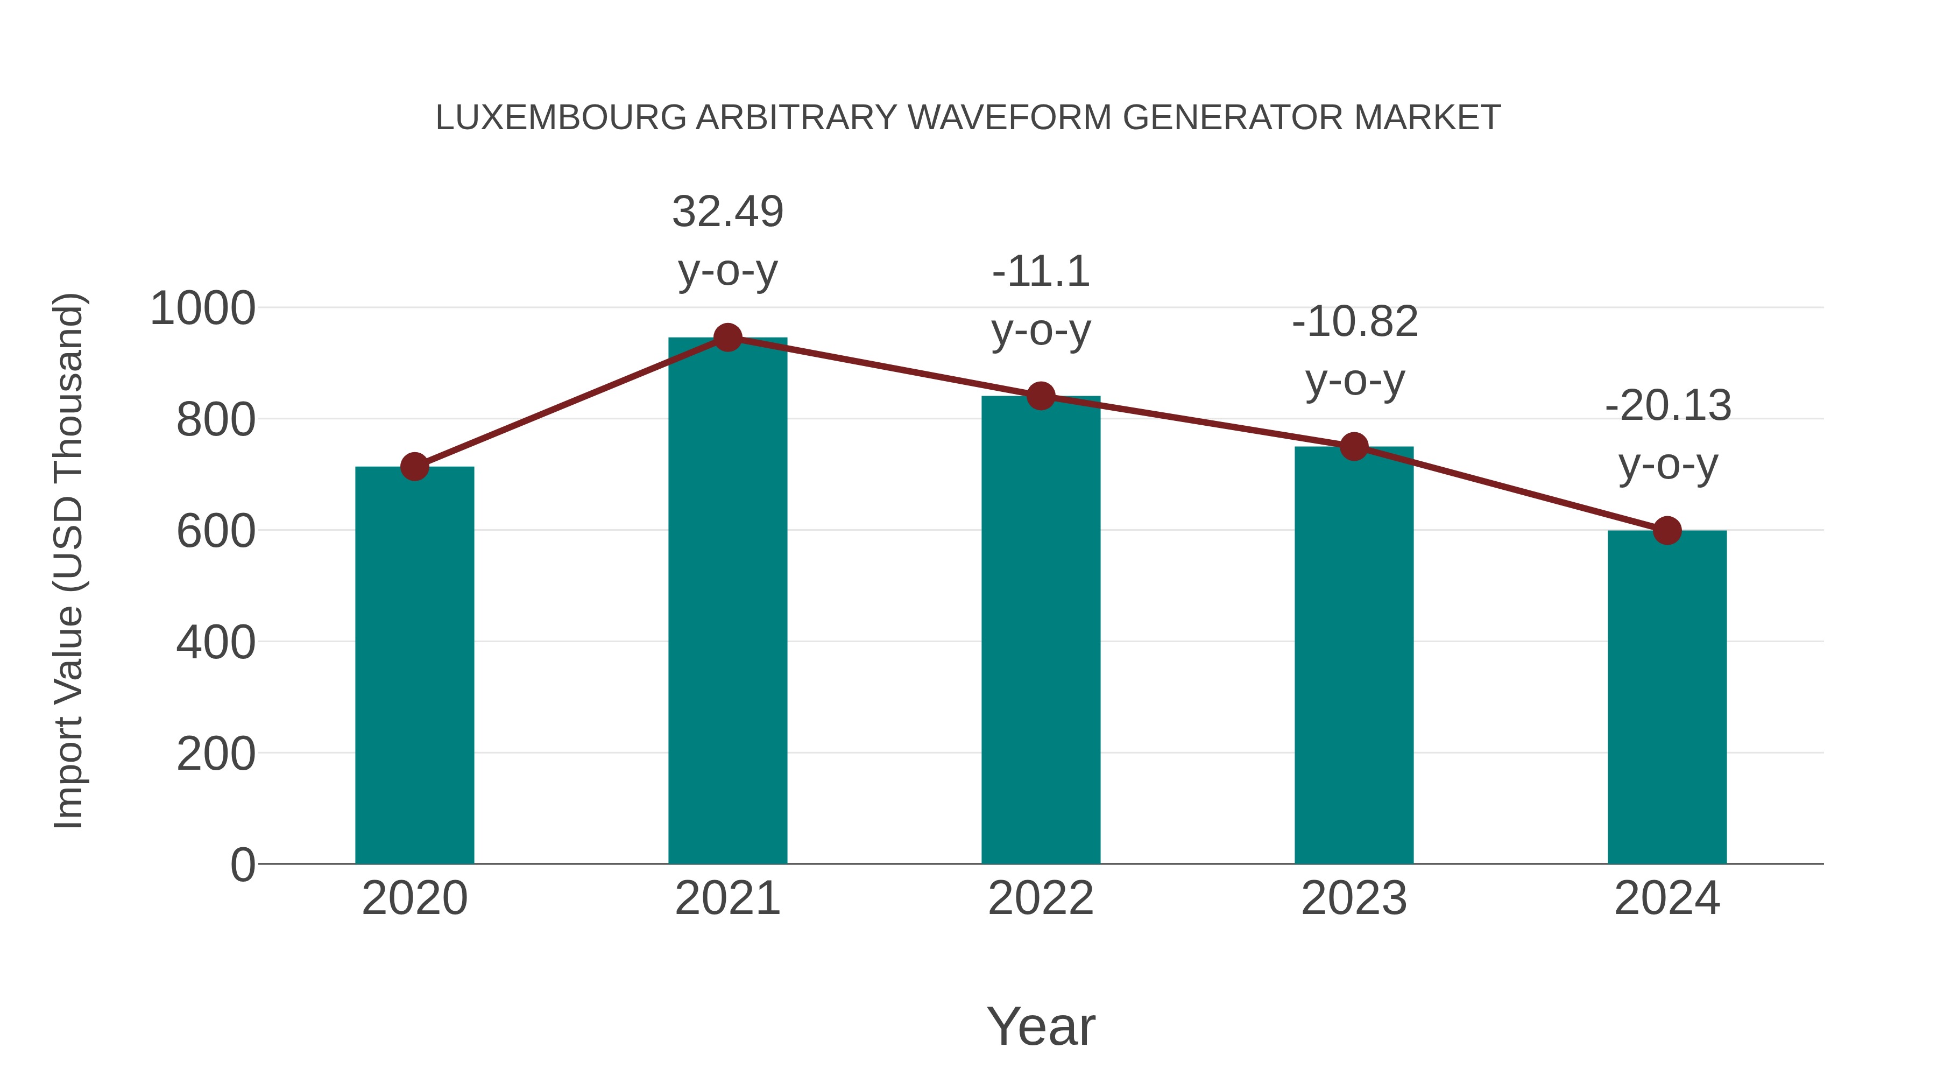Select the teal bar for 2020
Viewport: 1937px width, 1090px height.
[414, 666]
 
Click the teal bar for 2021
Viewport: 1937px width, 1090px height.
[727, 602]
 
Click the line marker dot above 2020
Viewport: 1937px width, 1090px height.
[414, 467]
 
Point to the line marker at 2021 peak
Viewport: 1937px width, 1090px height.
[727, 337]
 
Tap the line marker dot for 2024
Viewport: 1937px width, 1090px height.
[1667, 530]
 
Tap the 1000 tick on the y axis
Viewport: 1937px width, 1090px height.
[203, 308]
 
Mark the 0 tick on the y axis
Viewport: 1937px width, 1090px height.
[242, 865]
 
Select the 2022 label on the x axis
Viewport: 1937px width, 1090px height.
[1041, 898]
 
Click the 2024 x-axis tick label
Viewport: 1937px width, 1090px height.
[1667, 898]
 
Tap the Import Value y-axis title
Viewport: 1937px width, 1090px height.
[69, 560]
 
